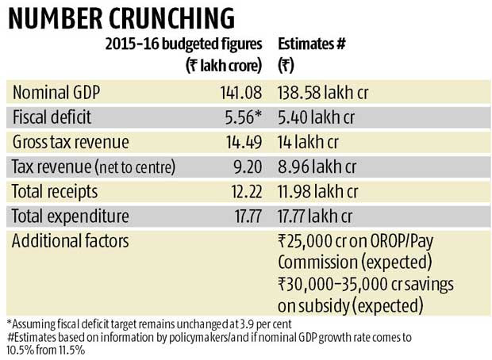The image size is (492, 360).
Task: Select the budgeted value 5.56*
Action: (x=240, y=117)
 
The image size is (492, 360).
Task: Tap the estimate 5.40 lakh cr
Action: (x=317, y=117)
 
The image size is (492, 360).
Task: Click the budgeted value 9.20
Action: (x=243, y=168)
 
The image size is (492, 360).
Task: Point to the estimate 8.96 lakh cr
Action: (x=317, y=168)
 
